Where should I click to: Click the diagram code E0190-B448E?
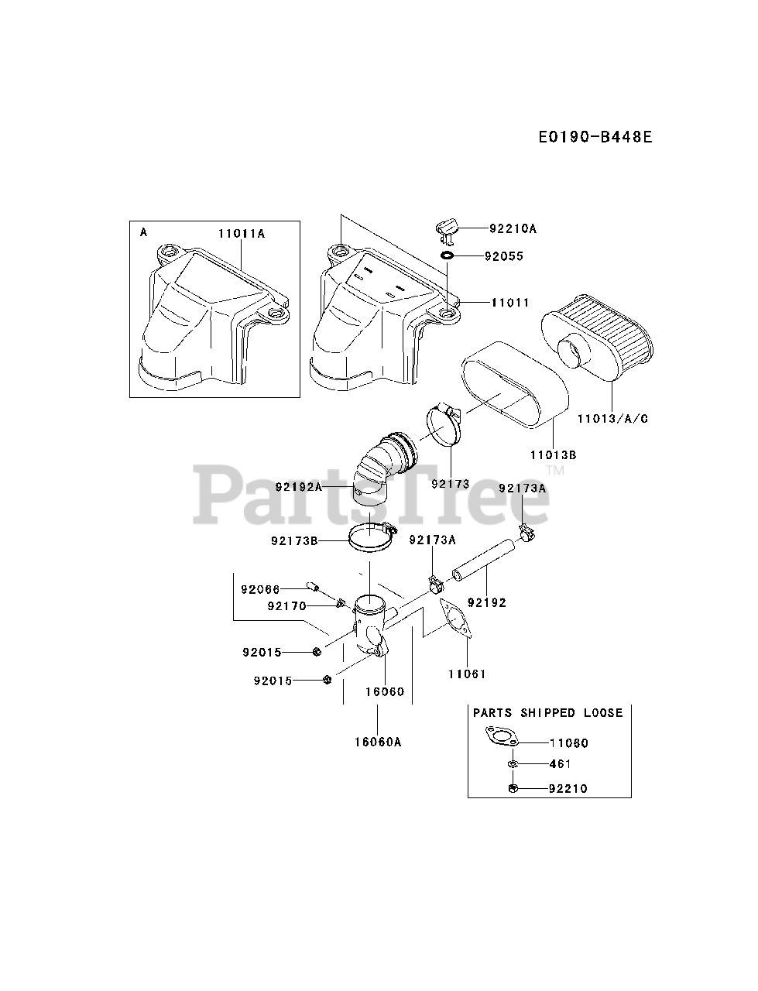coord(595,138)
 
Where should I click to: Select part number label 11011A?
coord(241,233)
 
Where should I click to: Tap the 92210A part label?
coord(513,229)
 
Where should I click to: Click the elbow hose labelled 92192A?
coord(379,472)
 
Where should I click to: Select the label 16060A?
coord(377,742)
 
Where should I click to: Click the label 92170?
coord(286,606)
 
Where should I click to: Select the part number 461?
coord(559,764)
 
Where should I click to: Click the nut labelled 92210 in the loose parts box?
coord(513,788)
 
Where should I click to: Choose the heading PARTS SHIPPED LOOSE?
coord(547,712)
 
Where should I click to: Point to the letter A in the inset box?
coord(144,231)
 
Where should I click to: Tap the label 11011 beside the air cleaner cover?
coord(509,303)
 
